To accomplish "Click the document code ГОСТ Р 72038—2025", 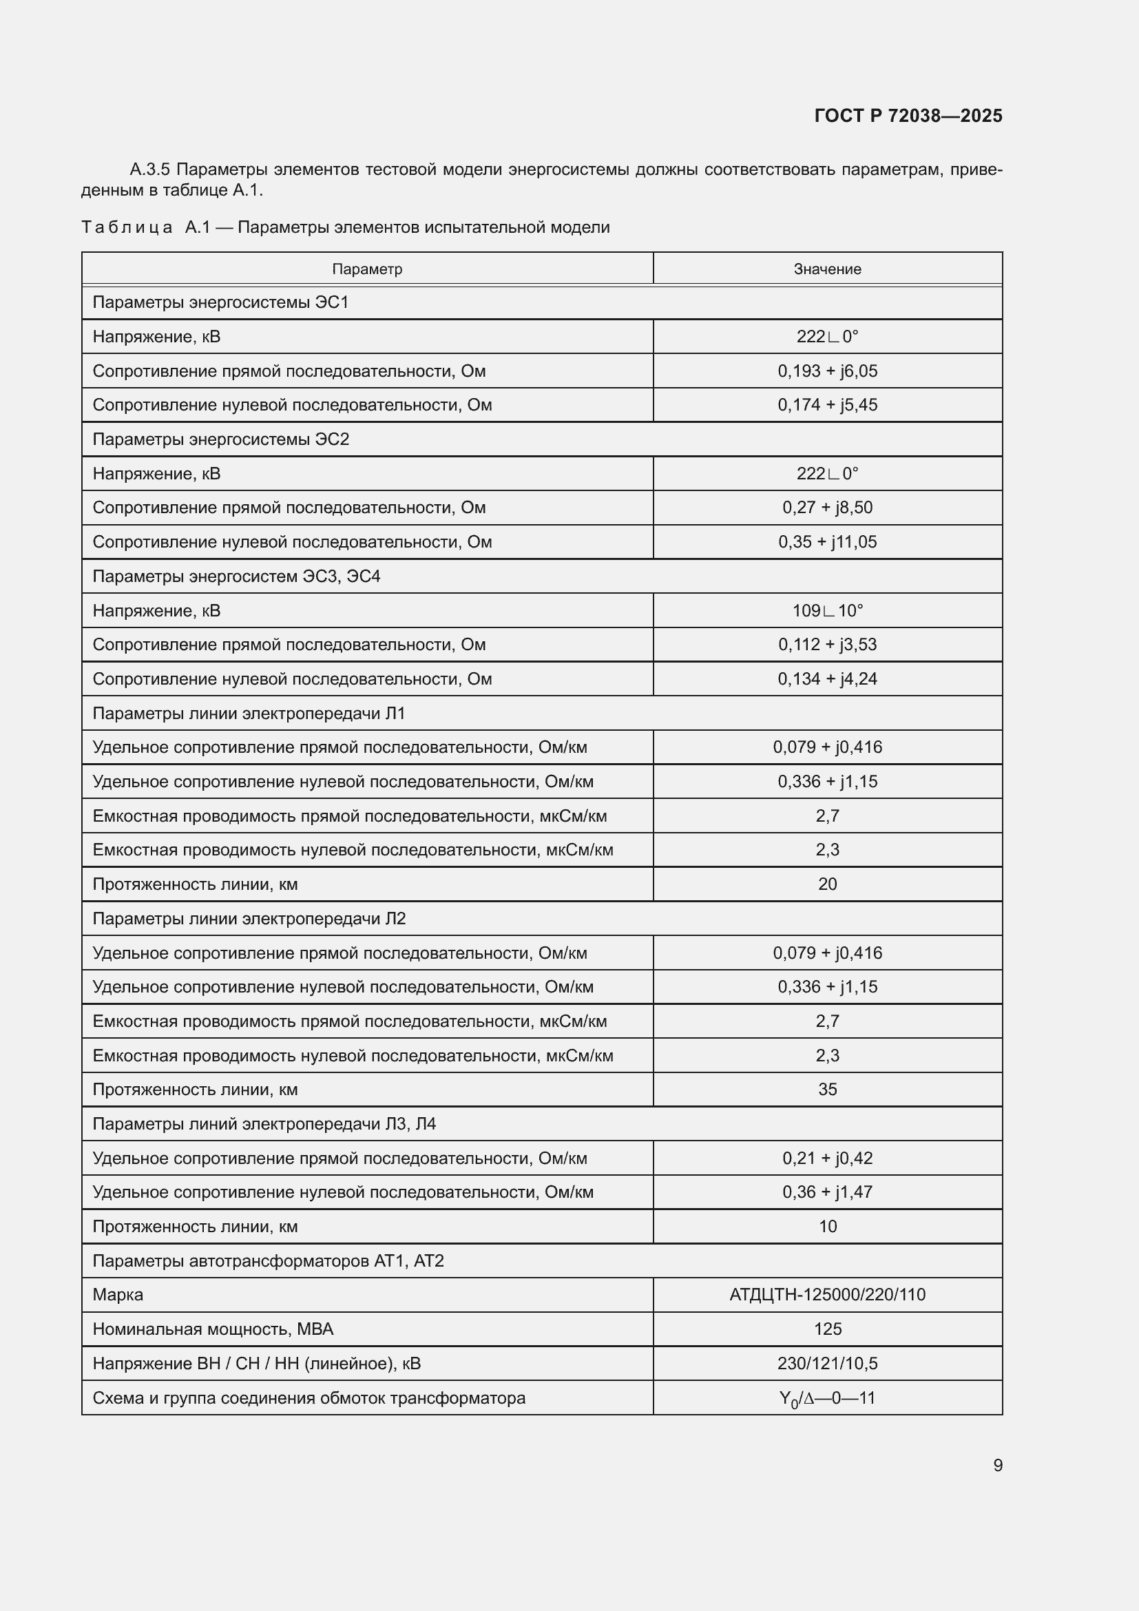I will (x=908, y=116).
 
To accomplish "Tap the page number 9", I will (x=997, y=1465).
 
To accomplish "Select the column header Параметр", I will (x=367, y=269).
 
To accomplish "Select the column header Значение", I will (x=827, y=269).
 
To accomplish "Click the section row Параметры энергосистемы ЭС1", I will (x=220, y=302).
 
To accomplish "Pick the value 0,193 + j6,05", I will (x=827, y=371).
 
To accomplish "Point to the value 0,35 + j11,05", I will (x=827, y=541).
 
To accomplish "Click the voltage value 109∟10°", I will (x=827, y=610).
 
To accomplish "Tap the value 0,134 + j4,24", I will (x=827, y=679).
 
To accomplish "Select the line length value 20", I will (x=827, y=884).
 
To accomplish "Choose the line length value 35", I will (x=827, y=1090).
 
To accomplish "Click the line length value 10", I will (x=827, y=1227).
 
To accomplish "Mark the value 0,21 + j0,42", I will (x=827, y=1158).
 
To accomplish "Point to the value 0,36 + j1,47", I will (x=827, y=1192).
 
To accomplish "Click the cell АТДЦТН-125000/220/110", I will (x=827, y=1295).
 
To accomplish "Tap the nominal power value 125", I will (x=827, y=1329).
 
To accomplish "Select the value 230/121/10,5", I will (x=827, y=1363).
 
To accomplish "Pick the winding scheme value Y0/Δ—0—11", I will (x=827, y=1398).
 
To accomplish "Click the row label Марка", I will (x=118, y=1296).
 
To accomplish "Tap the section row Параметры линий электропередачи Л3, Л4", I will (x=264, y=1124).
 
